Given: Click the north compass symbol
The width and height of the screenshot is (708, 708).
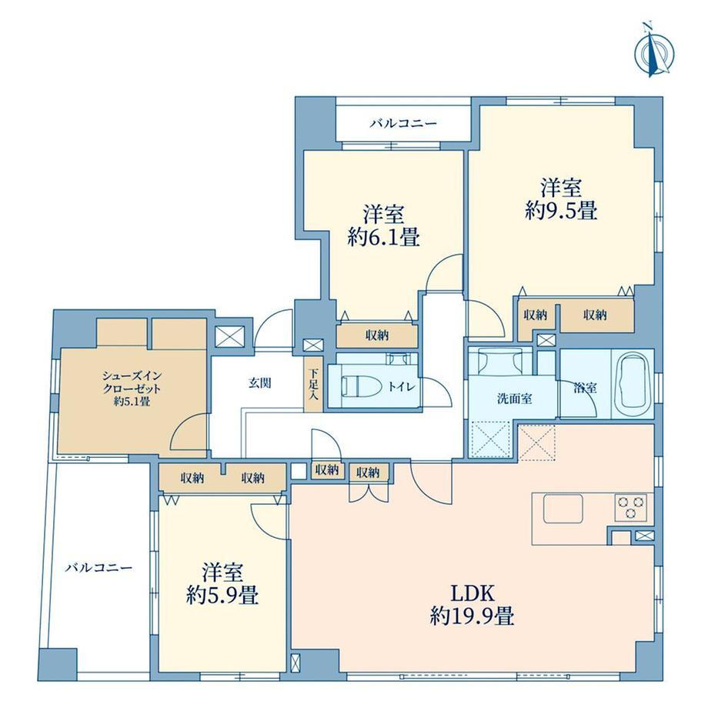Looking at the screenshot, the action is tap(654, 51).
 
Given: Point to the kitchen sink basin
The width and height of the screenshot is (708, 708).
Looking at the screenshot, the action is tap(563, 509).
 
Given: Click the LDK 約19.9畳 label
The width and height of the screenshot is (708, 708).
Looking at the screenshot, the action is tap(472, 605).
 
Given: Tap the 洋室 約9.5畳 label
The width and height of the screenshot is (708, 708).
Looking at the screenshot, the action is tap(561, 199).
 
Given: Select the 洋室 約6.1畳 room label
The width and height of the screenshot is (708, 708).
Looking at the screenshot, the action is tap(384, 225).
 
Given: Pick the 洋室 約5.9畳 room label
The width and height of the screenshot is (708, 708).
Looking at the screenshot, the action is tap(222, 584).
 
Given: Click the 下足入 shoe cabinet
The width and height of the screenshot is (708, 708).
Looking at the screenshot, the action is tap(313, 385).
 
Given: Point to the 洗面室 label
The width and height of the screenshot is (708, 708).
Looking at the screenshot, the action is tap(514, 399).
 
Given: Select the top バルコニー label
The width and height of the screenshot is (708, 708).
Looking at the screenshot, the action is tap(403, 123).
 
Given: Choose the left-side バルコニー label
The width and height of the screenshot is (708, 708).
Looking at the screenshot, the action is tap(99, 567).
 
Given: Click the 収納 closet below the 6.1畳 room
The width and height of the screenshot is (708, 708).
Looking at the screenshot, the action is tap(377, 336).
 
